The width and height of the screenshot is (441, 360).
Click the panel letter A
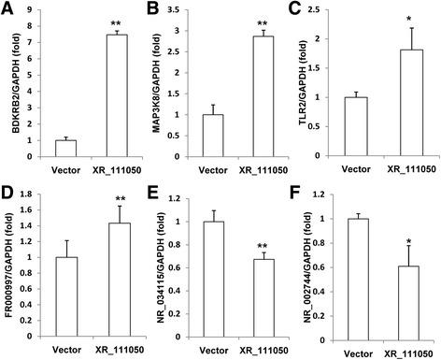tap(7, 8)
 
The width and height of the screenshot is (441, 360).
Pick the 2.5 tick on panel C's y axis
tap(320, 10)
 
